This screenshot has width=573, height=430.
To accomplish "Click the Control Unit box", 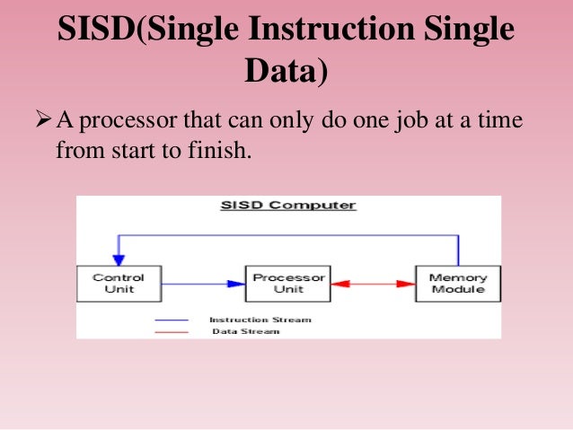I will pos(118,283).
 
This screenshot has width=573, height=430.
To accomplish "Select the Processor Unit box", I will pos(288,283).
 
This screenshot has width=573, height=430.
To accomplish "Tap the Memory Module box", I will pos(457,283).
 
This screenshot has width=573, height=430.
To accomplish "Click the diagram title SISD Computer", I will pos(288,206).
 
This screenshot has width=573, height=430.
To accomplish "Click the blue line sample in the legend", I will pos(172,320).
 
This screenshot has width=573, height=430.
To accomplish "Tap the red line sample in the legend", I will pos(172,331).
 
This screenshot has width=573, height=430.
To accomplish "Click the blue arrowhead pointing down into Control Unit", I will pos(116,259).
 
